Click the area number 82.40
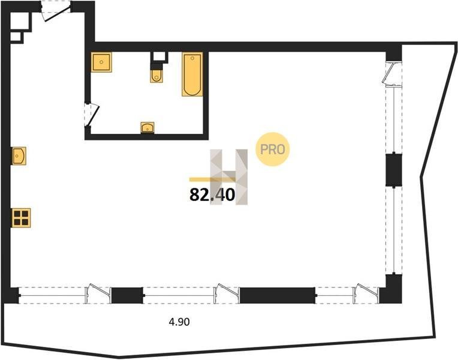click(212, 195)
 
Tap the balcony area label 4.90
click(179, 322)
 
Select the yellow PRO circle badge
click(273, 149)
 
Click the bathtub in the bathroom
click(192, 74)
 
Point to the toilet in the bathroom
click(156, 76)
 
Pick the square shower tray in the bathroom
click(101, 62)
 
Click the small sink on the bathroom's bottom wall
click(147, 128)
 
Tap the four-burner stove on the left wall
click(21, 218)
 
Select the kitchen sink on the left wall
click(19, 156)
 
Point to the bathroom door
click(92, 115)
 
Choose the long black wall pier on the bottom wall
click(277, 295)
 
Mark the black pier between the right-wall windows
click(394, 170)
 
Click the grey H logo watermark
click(229, 177)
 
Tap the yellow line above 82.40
click(212, 179)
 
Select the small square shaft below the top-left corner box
click(17, 37)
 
